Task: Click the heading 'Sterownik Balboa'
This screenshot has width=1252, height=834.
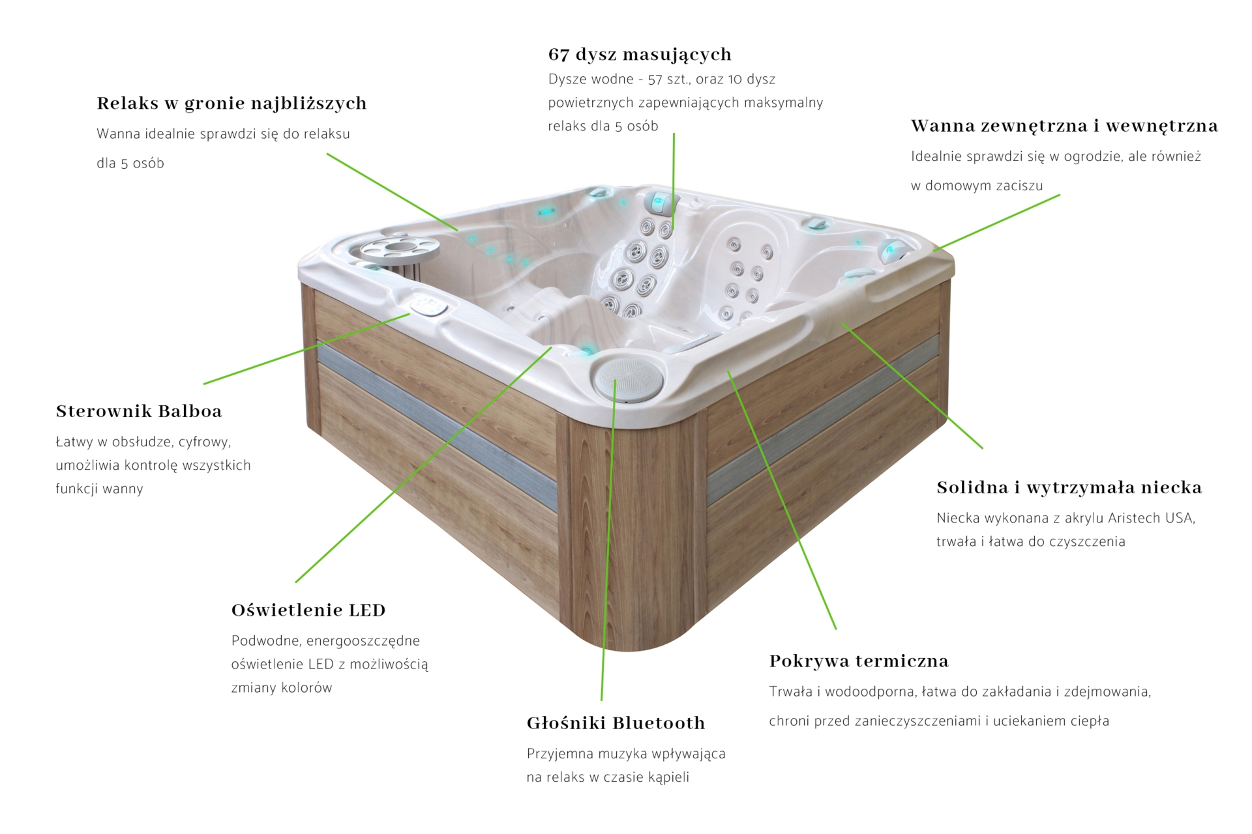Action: (x=139, y=411)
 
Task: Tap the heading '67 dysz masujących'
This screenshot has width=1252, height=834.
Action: (x=640, y=55)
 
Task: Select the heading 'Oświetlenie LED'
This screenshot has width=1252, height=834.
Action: (x=308, y=610)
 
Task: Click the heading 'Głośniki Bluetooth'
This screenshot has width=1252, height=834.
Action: (x=616, y=723)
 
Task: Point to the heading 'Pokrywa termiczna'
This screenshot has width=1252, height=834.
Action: (x=859, y=661)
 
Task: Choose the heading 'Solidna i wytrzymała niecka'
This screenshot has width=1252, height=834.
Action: (x=1069, y=487)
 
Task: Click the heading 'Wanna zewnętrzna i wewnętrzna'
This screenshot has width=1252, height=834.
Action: (x=1064, y=126)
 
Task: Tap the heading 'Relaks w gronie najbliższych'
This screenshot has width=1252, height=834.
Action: (x=231, y=104)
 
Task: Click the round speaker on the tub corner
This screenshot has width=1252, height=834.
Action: (x=628, y=379)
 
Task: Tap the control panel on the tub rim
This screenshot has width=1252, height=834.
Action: (x=428, y=306)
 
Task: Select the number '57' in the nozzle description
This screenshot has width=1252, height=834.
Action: (x=655, y=79)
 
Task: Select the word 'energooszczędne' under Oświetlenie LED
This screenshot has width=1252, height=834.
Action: (x=363, y=641)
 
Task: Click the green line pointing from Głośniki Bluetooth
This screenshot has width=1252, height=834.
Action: (x=608, y=539)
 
